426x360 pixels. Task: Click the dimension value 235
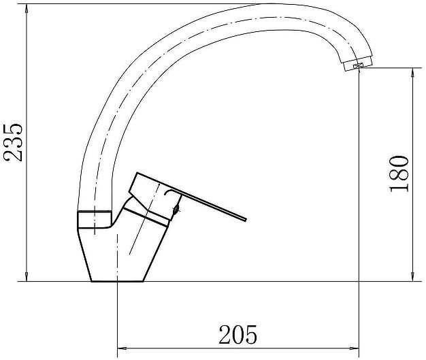[12, 143]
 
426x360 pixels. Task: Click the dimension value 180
[399, 174]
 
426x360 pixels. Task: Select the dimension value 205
[237, 334]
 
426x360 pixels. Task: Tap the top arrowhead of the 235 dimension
[27, 9]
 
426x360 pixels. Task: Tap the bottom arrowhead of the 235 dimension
[27, 276]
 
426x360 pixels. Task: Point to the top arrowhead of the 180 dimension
[413, 72]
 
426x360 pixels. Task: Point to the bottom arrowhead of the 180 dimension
[413, 276]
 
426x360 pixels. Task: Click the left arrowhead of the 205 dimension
[122, 348]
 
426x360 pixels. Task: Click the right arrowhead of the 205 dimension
[355, 348]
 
